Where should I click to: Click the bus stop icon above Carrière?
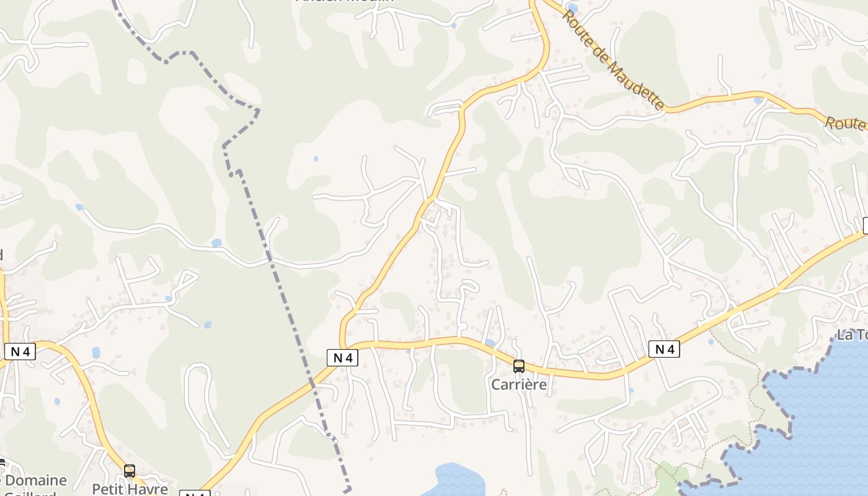pos(519,366)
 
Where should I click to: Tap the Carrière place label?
pos(519,384)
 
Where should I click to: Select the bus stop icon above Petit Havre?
pos(130,471)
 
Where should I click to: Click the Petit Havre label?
pos(130,489)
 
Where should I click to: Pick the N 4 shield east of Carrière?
pos(664,349)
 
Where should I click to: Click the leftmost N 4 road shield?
pos(20,352)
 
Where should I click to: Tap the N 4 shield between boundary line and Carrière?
pos(343,357)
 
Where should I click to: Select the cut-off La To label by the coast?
pos(852,335)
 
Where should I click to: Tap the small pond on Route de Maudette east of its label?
pos(758,100)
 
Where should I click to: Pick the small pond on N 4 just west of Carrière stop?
pos(490,342)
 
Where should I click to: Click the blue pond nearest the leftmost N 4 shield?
pos(95,353)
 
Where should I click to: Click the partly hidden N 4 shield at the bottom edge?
pos(195,493)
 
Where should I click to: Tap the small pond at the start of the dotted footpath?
pos(711,342)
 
